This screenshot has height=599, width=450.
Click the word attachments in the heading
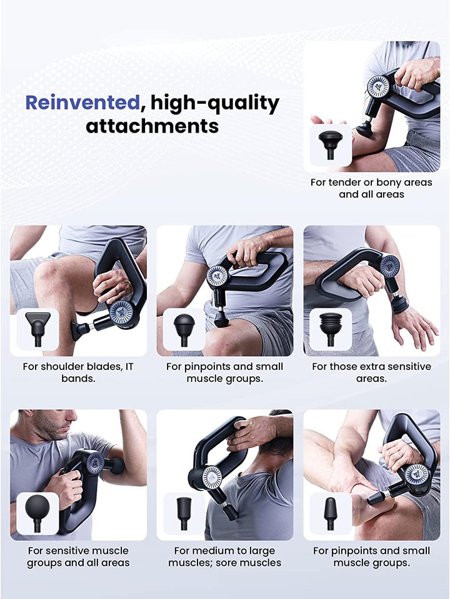pyautogui.click(x=152, y=126)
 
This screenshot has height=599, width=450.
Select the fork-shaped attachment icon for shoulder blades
pyautogui.click(x=37, y=328)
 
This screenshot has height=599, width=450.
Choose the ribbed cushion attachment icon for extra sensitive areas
pyautogui.click(x=331, y=328)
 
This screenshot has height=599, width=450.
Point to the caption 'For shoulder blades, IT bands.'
pyautogui.click(x=78, y=372)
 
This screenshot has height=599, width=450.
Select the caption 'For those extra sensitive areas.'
pyautogui.click(x=371, y=372)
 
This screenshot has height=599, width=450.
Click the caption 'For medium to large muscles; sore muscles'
pyautogui.click(x=224, y=556)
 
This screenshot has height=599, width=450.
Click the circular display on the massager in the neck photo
pyautogui.click(x=212, y=477)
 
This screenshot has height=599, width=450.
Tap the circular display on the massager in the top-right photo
pyautogui.click(x=378, y=87)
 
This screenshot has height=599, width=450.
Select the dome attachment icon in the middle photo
pyautogui.click(x=184, y=328)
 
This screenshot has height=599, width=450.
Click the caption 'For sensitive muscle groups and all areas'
pyautogui.click(x=78, y=556)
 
